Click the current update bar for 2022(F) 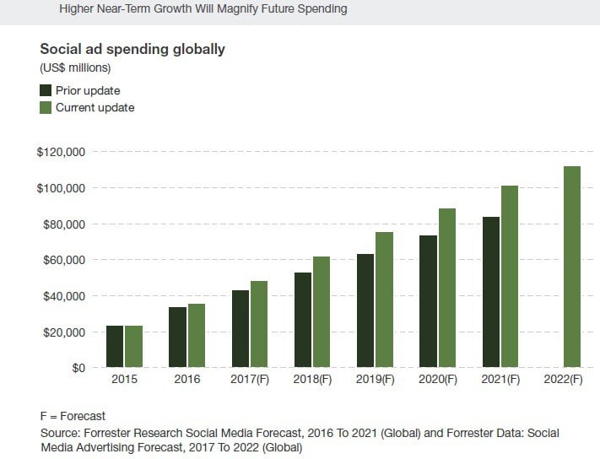(x=571, y=267)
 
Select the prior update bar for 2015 (x=115, y=347)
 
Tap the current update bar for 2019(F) (x=384, y=300)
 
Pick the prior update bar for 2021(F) (x=491, y=292)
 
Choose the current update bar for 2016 (x=196, y=336)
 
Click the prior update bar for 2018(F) (x=303, y=320)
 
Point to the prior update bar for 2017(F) (x=241, y=329)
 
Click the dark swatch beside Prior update (x=46, y=90)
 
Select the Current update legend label (x=95, y=108)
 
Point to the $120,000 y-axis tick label (x=62, y=152)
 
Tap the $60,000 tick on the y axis (x=65, y=260)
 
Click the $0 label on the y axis (x=77, y=368)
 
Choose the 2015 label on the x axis (x=124, y=381)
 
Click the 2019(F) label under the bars (x=374, y=381)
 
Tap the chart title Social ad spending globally (x=132, y=49)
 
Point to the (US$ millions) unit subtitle (x=75, y=67)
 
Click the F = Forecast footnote (x=73, y=416)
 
